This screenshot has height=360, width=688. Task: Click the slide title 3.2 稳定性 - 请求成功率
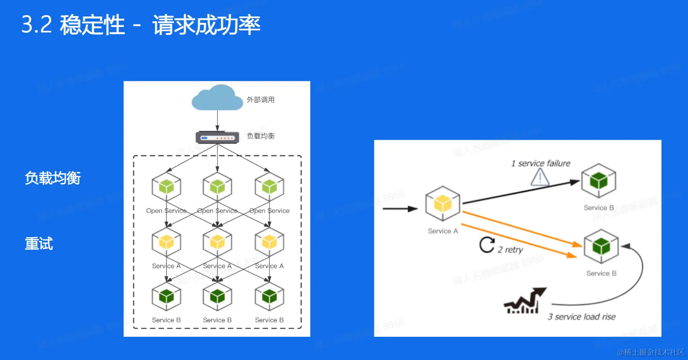141,25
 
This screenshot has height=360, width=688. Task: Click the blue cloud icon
217,98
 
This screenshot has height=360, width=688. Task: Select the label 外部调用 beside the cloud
261,100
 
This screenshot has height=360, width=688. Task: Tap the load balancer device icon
217,138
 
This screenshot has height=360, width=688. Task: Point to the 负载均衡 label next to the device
261,136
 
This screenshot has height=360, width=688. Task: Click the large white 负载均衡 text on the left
53,178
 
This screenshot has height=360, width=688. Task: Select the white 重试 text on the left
39,244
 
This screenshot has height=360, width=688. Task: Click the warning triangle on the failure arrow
540,177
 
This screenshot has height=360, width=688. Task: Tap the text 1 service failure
541,163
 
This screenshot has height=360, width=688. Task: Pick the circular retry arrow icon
487,245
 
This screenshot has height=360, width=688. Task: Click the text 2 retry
510,250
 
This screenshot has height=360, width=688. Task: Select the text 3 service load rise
582,317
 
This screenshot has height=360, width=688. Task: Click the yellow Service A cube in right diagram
442,204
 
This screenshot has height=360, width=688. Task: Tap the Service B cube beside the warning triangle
599,181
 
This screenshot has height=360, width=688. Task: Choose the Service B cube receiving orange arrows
601,246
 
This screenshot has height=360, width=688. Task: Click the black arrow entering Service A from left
399,208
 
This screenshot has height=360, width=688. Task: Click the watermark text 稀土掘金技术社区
651,352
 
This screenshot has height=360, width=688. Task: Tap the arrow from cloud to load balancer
217,121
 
